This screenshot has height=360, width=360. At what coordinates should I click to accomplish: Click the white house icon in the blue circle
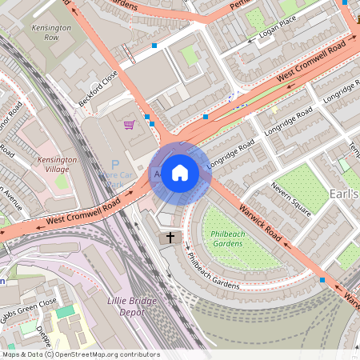180,172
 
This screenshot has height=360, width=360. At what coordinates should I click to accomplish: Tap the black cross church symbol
169,238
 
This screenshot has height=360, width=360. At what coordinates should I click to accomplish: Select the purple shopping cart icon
129,125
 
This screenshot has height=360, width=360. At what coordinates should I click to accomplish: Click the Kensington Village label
57,165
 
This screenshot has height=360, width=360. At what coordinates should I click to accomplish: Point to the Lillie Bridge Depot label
130,306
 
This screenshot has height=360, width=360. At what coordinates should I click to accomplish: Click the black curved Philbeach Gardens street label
211,272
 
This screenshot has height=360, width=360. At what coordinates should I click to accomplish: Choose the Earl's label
343,194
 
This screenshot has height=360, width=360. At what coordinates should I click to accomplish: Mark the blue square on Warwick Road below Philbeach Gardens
322,280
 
